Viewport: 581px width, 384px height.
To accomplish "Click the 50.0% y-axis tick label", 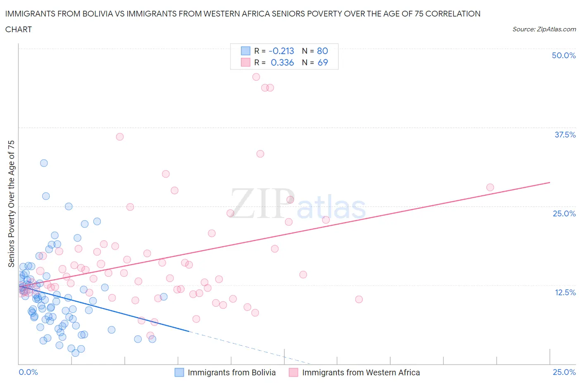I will (x=563, y=55).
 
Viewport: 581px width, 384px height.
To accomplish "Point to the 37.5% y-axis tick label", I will (x=564, y=135).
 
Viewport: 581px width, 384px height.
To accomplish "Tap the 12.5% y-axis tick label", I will (x=564, y=292).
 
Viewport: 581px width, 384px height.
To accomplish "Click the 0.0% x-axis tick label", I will (x=28, y=372).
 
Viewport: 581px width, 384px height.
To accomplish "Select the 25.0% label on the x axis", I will (x=564, y=372).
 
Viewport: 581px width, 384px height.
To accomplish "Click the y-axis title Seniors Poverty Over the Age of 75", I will (x=11, y=204).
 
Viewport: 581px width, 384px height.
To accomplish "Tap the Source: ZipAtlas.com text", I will (x=544, y=29).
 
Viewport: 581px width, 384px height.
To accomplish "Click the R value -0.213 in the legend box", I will (x=281, y=51).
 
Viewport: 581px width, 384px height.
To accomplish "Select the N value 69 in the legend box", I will (x=322, y=62).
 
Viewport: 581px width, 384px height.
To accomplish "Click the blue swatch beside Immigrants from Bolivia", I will (x=179, y=372).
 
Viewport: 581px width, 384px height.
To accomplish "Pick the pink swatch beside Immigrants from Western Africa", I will (x=293, y=372).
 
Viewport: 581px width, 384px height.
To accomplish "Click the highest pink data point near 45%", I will (x=256, y=77).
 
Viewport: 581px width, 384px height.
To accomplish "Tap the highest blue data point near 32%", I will (x=44, y=163).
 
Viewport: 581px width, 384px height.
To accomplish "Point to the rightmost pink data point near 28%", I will (x=490, y=187).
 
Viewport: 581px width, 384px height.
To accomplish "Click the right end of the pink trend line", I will (x=550, y=182).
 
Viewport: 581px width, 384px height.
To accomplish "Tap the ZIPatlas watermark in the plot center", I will (x=298, y=204).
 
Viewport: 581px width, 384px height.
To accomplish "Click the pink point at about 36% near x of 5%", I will (x=120, y=137).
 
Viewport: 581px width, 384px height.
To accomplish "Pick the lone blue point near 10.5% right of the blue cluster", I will (x=164, y=296).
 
